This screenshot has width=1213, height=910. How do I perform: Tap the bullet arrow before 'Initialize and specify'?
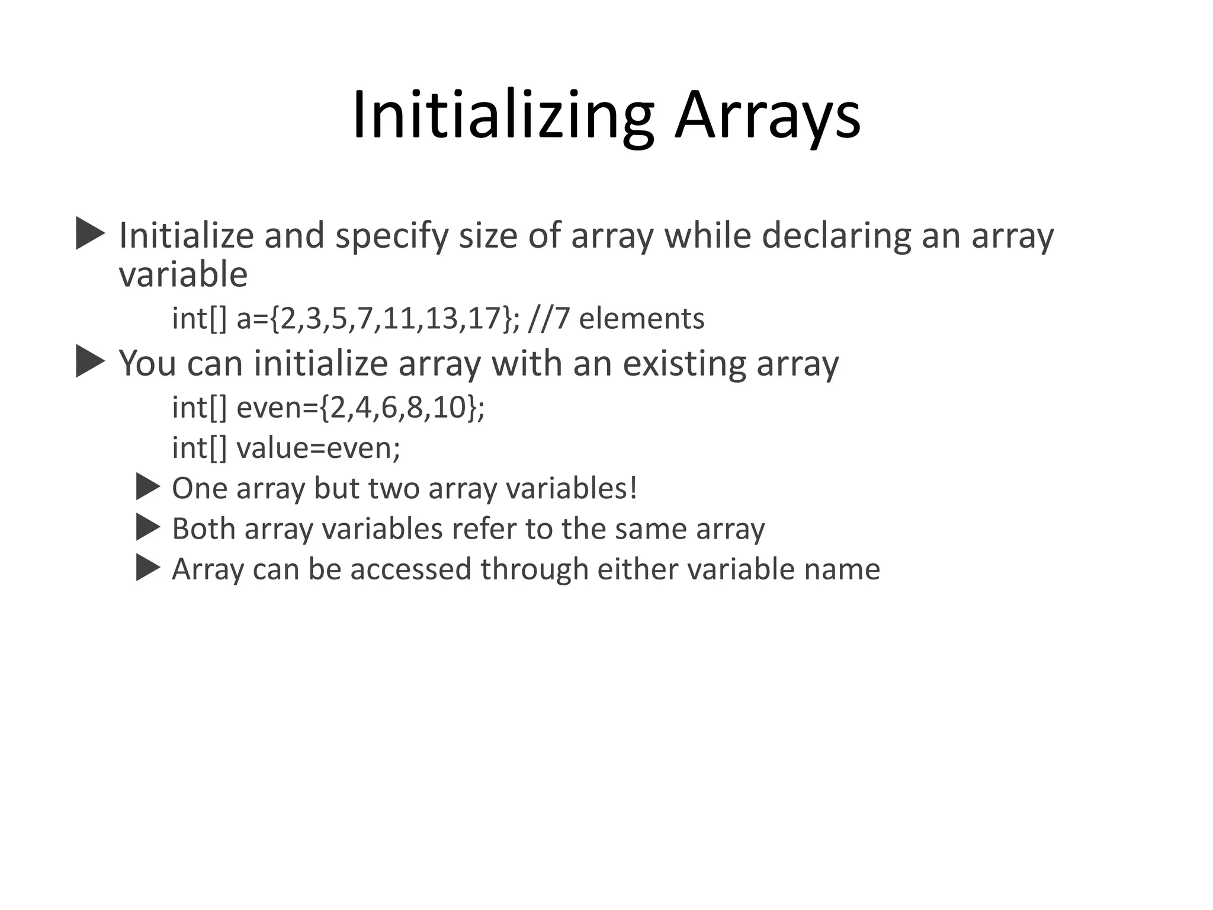pyautogui.click(x=90, y=233)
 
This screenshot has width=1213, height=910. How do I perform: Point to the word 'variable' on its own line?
pyautogui.click(x=183, y=274)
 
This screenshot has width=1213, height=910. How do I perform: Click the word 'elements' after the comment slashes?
pyautogui.click(x=641, y=319)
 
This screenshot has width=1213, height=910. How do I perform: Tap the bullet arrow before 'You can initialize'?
pyautogui.click(x=90, y=361)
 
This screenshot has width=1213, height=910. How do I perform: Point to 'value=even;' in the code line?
pyautogui.click(x=318, y=448)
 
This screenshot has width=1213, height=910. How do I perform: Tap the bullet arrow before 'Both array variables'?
pyautogui.click(x=148, y=527)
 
